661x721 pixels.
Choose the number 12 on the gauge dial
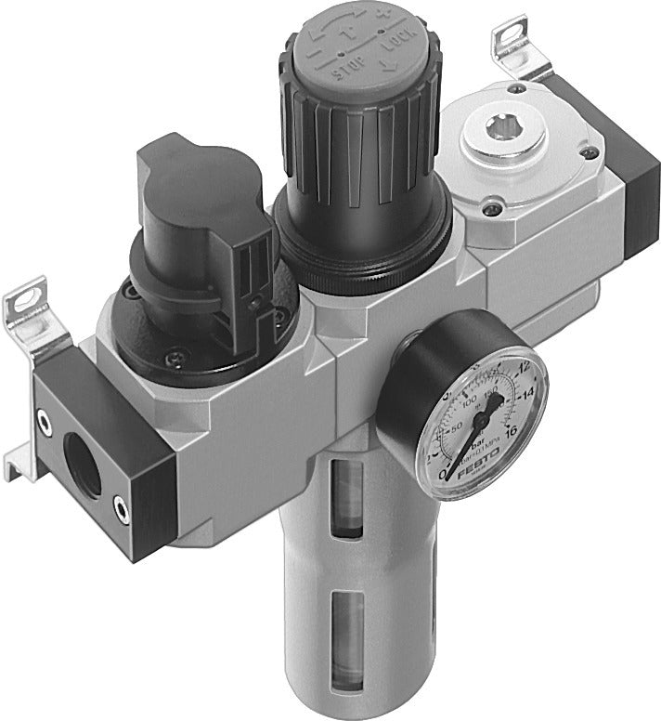coord(521,369)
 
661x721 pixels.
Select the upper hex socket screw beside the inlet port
coord(44,422)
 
